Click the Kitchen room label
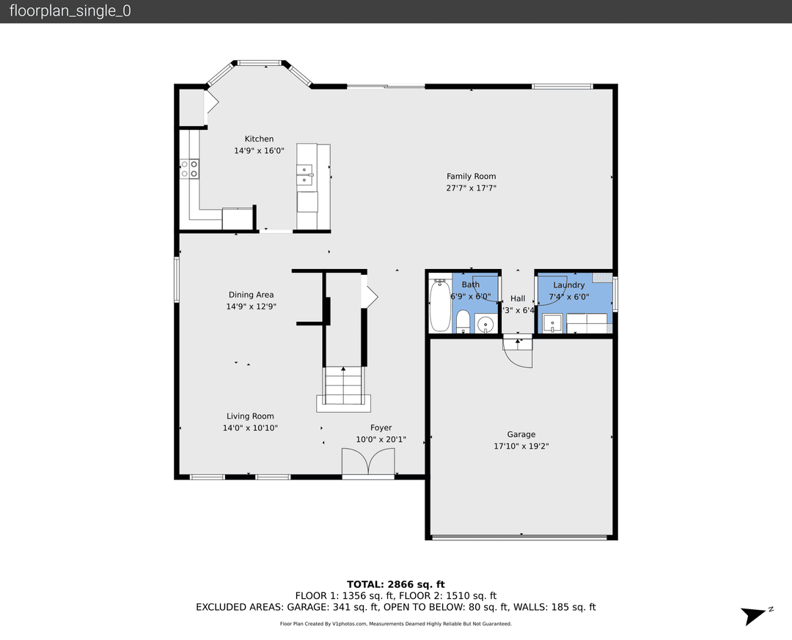pyautogui.click(x=259, y=139)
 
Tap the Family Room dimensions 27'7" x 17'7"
pyautogui.click(x=471, y=188)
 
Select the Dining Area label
pyautogui.click(x=251, y=295)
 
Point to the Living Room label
pyautogui.click(x=250, y=416)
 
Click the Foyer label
pyautogui.click(x=381, y=427)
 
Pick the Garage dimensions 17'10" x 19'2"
pyautogui.click(x=521, y=446)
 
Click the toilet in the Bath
pyautogui.click(x=463, y=320)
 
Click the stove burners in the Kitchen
pyautogui.click(x=189, y=169)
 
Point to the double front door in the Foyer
pyautogui.click(x=368, y=464)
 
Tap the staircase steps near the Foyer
pyautogui.click(x=344, y=384)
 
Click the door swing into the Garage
pyautogui.click(x=519, y=353)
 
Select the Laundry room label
pyautogui.click(x=569, y=285)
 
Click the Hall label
pyautogui.click(x=518, y=298)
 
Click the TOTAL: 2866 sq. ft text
pyautogui.click(x=396, y=584)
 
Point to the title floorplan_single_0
pyautogui.click(x=70, y=12)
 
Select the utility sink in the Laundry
pyautogui.click(x=552, y=323)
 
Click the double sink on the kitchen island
pyautogui.click(x=306, y=174)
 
